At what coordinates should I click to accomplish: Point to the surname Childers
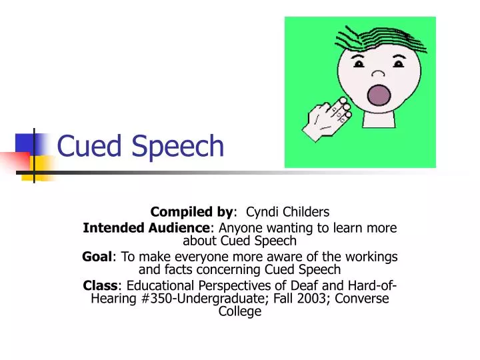point(306,213)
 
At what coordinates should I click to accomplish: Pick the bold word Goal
point(95,257)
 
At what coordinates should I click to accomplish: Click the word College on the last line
point(240,311)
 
